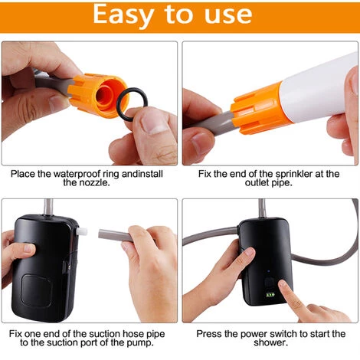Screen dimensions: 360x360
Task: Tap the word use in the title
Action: click(227, 15)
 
